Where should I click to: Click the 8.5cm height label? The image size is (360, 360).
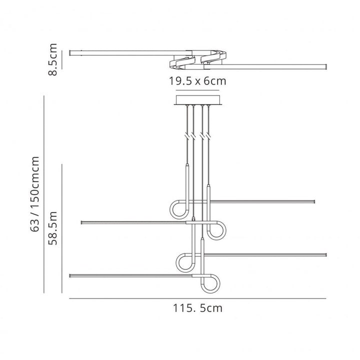tap(52, 60)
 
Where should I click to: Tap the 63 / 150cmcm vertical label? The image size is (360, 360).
tap(35, 193)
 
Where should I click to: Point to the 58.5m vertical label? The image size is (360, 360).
tap(53, 227)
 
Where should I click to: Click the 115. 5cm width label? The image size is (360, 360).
tap(198, 308)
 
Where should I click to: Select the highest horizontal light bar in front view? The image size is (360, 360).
tap(260, 202)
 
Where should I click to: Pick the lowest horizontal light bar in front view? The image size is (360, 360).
tap(130, 274)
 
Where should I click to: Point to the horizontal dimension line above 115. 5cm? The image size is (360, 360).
tap(197, 298)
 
